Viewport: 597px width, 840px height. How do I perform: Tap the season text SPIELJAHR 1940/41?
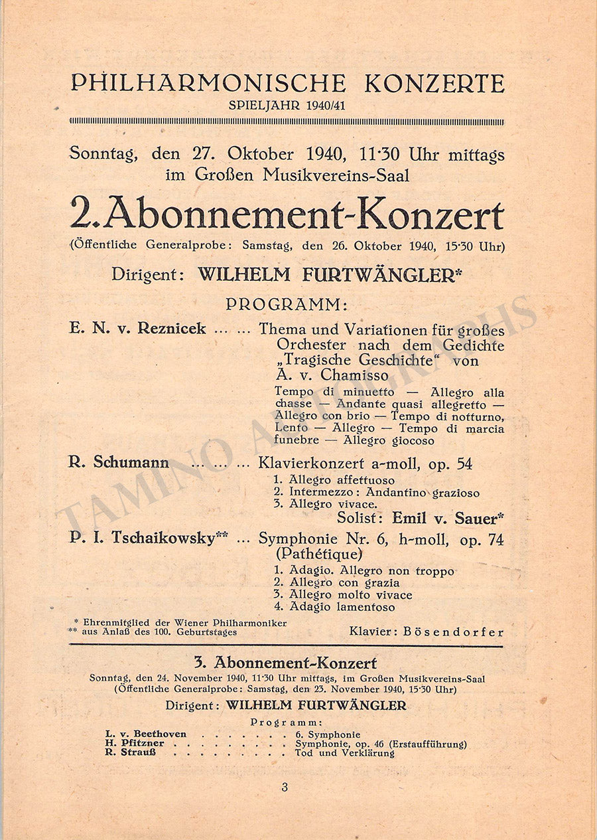(287, 106)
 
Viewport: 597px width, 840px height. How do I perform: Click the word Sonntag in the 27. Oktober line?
(103, 154)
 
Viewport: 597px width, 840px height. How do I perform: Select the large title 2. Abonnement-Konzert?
(287, 214)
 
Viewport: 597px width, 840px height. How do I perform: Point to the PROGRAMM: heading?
(287, 304)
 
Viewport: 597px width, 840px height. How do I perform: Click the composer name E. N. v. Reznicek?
(137, 329)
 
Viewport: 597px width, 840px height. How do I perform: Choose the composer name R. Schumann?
(119, 463)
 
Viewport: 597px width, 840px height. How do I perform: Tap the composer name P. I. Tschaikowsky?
(143, 539)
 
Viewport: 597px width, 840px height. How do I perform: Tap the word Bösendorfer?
(455, 632)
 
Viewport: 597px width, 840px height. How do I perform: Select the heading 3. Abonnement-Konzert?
(286, 663)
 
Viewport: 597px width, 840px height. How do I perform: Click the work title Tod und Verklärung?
(344, 753)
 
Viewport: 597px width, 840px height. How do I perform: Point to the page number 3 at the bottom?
(285, 788)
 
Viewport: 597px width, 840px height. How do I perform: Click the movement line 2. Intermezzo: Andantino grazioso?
(377, 493)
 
